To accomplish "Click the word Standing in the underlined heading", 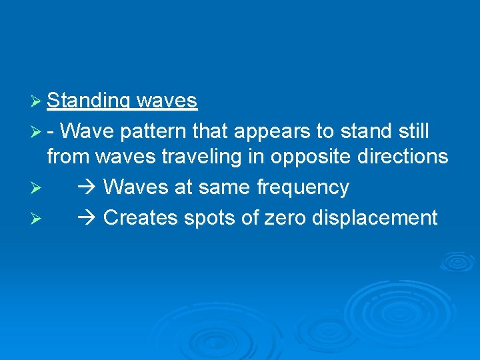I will pos(89,101).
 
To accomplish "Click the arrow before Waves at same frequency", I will pos(88,187).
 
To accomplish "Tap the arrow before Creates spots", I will pos(88,217).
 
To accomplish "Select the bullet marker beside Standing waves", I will pos(37,101).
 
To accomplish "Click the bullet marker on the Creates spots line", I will pos(37,218).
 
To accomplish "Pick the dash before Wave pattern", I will pos(53,132).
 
